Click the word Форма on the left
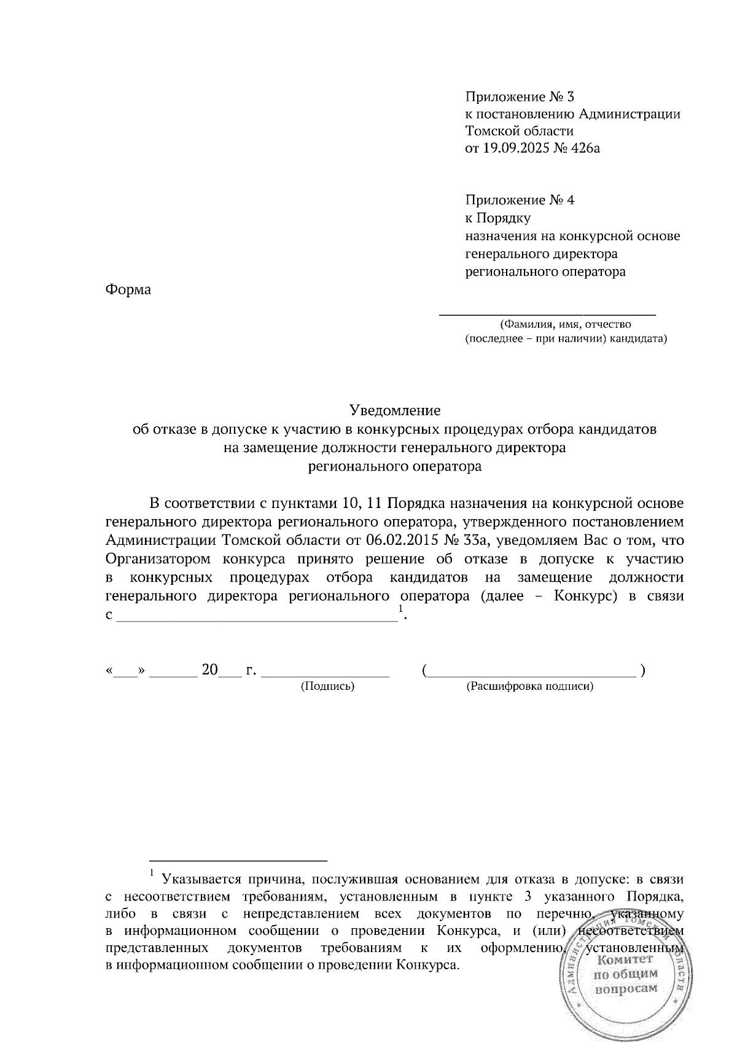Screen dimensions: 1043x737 (128, 289)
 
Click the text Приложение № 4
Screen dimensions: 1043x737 (520, 200)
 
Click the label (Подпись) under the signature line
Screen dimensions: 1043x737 (327, 686)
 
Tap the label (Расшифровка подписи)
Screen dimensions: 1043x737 (530, 686)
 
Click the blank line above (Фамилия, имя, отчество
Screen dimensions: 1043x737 (547, 314)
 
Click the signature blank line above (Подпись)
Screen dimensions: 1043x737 (326, 676)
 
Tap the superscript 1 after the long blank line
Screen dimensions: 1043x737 (400, 609)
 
